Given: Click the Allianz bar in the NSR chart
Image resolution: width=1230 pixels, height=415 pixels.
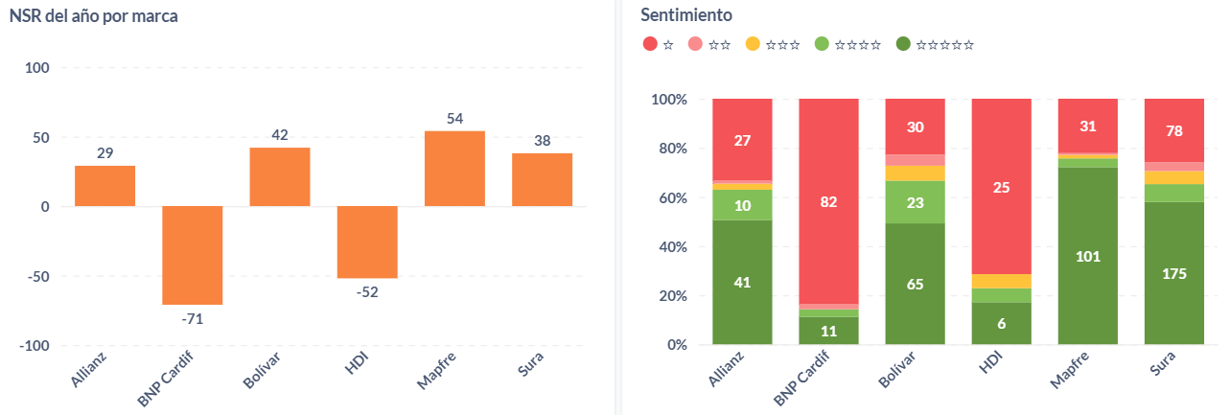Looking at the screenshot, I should tap(104, 186).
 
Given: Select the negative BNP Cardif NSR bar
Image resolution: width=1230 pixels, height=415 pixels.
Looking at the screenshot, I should tap(192, 255).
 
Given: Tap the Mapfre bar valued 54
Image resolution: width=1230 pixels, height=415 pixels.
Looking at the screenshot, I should tap(454, 169).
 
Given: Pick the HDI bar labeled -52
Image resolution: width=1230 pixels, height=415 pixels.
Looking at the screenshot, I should tap(367, 242).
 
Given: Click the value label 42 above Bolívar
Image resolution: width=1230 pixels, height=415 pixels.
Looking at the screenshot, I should tap(280, 135).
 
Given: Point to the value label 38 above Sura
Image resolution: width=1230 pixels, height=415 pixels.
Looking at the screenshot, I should tap(542, 141).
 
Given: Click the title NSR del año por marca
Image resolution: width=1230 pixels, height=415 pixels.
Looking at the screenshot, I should tap(93, 16).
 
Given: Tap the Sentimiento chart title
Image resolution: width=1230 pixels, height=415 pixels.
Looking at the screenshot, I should tap(686, 15).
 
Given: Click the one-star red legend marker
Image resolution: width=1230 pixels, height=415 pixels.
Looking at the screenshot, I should tap(650, 44).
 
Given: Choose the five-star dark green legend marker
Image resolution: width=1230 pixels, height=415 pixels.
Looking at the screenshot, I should tap(903, 44).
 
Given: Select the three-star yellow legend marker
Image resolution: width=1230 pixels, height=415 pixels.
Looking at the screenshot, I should tap(753, 44).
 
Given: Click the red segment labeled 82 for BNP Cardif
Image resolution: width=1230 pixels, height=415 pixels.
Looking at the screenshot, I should tap(828, 201).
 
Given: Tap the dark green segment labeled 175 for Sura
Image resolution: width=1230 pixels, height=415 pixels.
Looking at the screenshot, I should tap(1174, 273).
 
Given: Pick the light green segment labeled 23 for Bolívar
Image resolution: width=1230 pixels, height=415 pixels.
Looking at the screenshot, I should tap(915, 202).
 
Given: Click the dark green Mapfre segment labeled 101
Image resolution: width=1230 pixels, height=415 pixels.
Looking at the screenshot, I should tap(1088, 256).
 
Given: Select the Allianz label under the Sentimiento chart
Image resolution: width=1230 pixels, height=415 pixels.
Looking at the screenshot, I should tap(727, 369).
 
